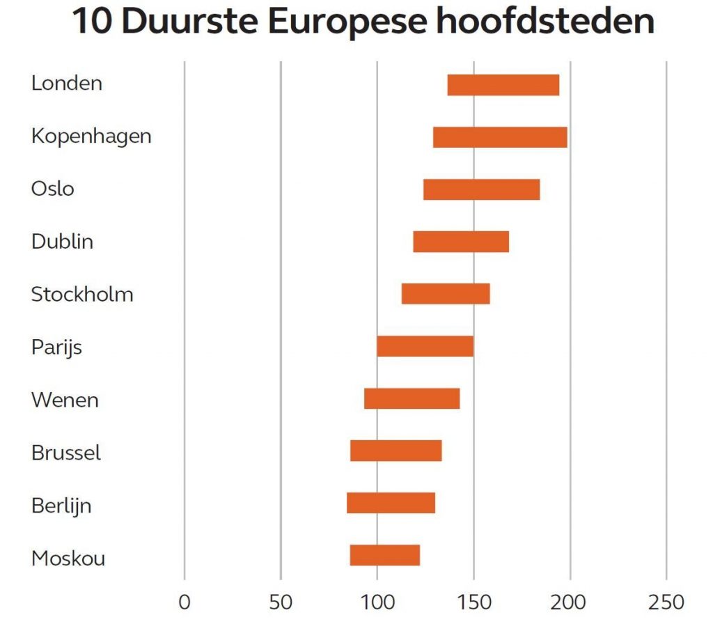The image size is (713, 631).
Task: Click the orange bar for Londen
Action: pyautogui.click(x=503, y=85)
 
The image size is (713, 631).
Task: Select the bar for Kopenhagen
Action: pyautogui.click(x=500, y=137)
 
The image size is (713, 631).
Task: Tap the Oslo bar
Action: pyautogui.click(x=481, y=189)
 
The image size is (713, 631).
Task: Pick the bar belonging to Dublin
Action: pyautogui.click(x=461, y=242)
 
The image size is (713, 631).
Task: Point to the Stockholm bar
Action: pyautogui.click(x=446, y=294)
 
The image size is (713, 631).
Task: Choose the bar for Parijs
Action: pyautogui.click(x=425, y=346)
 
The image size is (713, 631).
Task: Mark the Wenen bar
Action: pyautogui.click(x=412, y=398)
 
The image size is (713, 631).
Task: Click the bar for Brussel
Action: pyautogui.click(x=395, y=451)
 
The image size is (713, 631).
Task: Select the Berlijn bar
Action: pyautogui.click(x=391, y=503)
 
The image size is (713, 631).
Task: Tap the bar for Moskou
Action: pyautogui.click(x=384, y=555)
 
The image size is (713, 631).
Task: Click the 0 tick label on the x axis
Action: pyautogui.click(x=184, y=602)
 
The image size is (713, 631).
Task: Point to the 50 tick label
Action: pyautogui.click(x=280, y=602)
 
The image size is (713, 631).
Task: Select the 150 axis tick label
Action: pyautogui.click(x=473, y=602)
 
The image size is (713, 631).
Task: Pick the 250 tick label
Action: pyautogui.click(x=666, y=602)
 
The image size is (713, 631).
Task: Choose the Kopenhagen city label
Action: pyautogui.click(x=91, y=137)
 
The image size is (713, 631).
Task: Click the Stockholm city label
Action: pyautogui.click(x=82, y=294)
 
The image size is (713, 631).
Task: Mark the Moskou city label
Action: pyautogui.click(x=68, y=559)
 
